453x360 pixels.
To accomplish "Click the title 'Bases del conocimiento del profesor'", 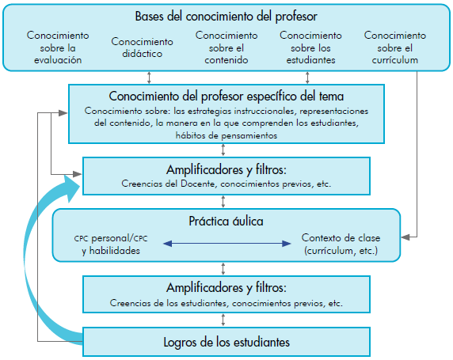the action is click(x=226, y=17).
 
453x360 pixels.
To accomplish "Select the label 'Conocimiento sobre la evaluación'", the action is click(x=58, y=47).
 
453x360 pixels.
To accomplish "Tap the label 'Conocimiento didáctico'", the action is click(x=142, y=47).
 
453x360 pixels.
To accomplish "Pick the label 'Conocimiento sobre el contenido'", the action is click(x=226, y=47).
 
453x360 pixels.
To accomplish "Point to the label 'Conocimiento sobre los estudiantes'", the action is click(x=311, y=47).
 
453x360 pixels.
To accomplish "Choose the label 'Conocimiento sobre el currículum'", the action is click(x=395, y=47).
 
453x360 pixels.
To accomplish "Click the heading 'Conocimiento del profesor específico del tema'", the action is click(x=226, y=97).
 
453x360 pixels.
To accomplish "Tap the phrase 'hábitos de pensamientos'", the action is click(x=226, y=135).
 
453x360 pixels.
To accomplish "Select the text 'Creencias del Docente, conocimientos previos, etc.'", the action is click(x=226, y=184).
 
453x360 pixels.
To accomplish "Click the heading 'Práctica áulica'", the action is click(x=226, y=222).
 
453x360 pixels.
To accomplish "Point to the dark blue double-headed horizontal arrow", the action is click(x=227, y=244).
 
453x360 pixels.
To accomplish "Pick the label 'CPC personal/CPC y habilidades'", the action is click(x=111, y=244).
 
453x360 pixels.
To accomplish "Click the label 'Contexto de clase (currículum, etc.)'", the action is click(x=341, y=244).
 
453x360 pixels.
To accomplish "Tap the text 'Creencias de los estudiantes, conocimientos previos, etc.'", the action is click(x=226, y=303).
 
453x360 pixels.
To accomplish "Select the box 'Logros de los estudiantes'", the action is click(x=226, y=342).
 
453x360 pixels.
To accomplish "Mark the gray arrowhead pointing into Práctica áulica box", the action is click(x=405, y=237).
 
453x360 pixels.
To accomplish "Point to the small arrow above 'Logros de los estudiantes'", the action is click(x=223, y=320).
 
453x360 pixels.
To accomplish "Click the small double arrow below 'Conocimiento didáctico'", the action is click(x=149, y=78).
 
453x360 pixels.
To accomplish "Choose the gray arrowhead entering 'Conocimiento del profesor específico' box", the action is click(x=63, y=113).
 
